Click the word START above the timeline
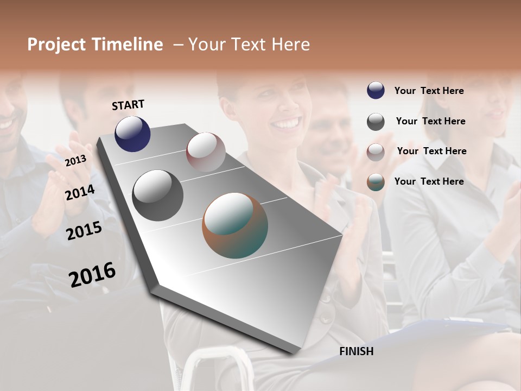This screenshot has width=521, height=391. coord(128,105)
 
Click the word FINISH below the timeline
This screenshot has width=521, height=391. coord(356,351)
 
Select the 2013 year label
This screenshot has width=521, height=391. coord(75,160)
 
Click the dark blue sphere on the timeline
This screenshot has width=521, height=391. coord(132,134)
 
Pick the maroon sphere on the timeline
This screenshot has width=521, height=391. coord(206,152)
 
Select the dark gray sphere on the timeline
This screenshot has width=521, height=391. coord(157,195)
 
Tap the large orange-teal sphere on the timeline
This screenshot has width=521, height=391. coord(235,225)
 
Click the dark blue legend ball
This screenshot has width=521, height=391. coord(376,90)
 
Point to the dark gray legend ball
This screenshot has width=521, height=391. coord(376,121)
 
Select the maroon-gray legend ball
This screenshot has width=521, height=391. coord(376,152)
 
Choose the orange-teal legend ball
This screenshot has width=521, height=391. coord(376,182)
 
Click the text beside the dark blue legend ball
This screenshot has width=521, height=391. coord(429,91)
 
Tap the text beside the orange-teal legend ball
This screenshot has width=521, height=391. coord(429,181)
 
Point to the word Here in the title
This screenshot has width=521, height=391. coord(290,45)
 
